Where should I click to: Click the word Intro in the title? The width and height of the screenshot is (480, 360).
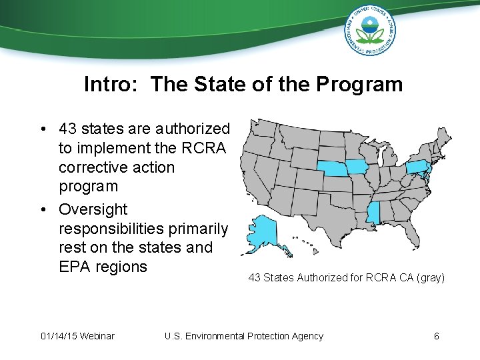click(112, 85)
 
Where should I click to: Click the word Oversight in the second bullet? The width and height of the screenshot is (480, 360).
click(93, 209)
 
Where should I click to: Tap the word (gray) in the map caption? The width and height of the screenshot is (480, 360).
click(430, 277)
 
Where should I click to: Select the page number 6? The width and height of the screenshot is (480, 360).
click(436, 335)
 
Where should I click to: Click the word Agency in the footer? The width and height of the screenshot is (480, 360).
click(307, 335)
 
